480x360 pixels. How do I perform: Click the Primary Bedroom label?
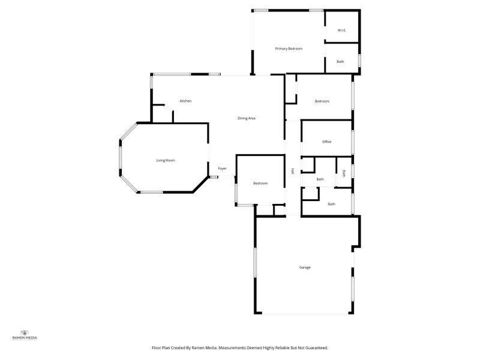click(289, 48)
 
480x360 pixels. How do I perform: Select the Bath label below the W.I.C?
click(340, 62)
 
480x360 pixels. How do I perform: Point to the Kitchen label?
click(185, 101)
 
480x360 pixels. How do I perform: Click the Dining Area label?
click(247, 118)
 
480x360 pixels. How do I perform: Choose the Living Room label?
click(166, 160)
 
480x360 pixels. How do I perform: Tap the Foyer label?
click(222, 169)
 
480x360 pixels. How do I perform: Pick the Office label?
click(326, 142)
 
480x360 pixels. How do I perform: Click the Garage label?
click(305, 267)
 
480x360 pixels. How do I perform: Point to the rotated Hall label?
click(292, 170)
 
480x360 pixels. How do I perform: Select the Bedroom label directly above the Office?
click(322, 101)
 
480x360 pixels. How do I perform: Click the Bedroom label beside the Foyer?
click(260, 183)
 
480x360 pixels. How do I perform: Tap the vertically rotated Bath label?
click(344, 173)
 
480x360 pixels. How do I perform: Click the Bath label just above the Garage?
click(331, 204)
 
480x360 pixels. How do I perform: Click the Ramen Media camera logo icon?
click(25, 332)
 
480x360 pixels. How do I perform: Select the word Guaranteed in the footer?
click(314, 347)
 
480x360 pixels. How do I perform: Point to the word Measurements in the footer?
click(232, 347)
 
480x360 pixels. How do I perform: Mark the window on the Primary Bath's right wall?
click(359, 61)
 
